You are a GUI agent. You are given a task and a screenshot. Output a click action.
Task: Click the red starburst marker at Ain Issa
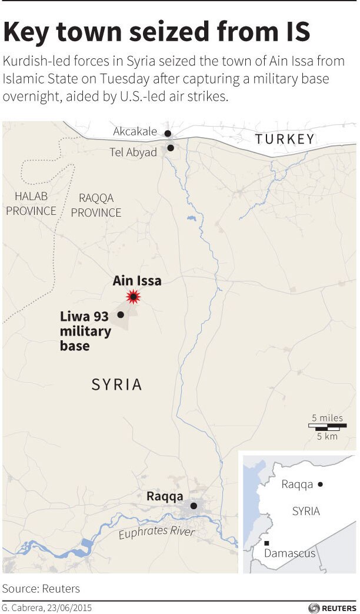pyautogui.click(x=135, y=297)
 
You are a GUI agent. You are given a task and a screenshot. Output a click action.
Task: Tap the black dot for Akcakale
pyautogui.click(x=168, y=134)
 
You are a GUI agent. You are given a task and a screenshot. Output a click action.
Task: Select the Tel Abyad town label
pyautogui.click(x=134, y=152)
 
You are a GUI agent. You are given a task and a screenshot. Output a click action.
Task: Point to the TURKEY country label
pyautogui.click(x=285, y=139)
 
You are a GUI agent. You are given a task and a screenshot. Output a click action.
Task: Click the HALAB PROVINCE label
pyautogui.click(x=31, y=204)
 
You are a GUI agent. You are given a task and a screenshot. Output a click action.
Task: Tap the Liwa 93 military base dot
pyautogui.click(x=121, y=314)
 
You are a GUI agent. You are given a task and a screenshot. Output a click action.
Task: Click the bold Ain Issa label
pyautogui.click(x=137, y=281)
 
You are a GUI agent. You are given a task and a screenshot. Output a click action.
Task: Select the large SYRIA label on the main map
pyautogui.click(x=117, y=384)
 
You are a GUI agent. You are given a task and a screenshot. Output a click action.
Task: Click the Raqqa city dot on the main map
pyautogui.click(x=194, y=506)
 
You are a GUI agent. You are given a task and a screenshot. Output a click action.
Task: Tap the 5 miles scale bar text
pyautogui.click(x=328, y=418)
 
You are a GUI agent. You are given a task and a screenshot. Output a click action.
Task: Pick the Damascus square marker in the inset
pyautogui.click(x=267, y=543)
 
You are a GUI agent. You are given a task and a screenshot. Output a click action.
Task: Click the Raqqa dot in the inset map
pyautogui.click(x=321, y=484)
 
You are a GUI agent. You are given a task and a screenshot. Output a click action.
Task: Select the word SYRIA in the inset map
pyautogui.click(x=306, y=511)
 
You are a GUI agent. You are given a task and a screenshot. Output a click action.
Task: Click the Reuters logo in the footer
pyautogui.click(x=332, y=608)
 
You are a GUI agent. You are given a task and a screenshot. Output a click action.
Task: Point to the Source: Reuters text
pyautogui.click(x=41, y=588)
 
